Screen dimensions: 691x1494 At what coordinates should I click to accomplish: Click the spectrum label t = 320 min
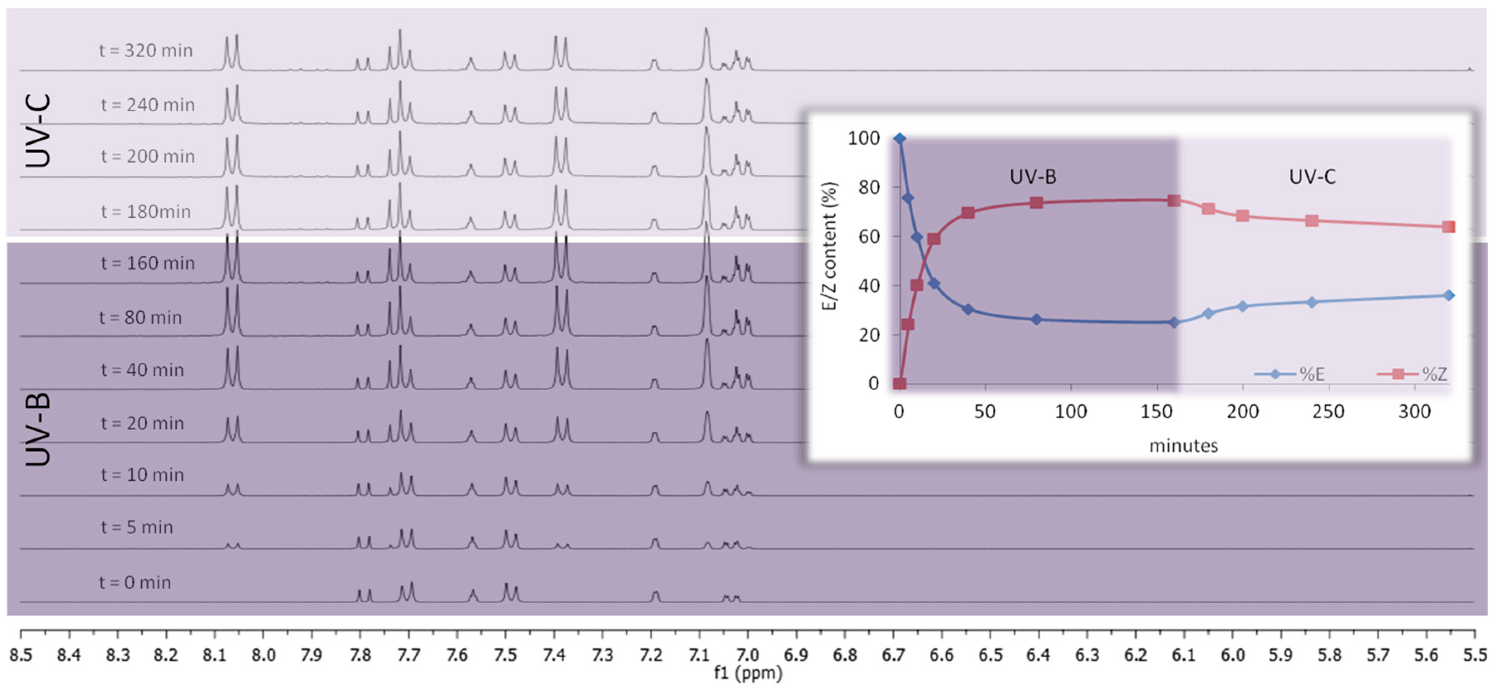tap(145, 51)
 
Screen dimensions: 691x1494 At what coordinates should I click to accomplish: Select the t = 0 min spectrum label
tap(135, 583)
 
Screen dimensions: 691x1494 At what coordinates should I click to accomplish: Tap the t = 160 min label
tap(147, 263)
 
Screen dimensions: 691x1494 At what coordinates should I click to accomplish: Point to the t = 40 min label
tap(142, 370)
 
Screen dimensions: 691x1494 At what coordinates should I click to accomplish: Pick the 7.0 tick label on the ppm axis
tap(747, 655)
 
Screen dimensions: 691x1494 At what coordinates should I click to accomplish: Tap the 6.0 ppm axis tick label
tap(1232, 655)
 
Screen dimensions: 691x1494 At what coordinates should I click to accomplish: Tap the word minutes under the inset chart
tap(1183, 445)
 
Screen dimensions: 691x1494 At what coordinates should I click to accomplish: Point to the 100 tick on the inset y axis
tap(864, 138)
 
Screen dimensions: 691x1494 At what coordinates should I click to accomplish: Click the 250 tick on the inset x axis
tap(1328, 411)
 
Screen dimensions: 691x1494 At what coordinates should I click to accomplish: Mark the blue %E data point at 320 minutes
tap(1448, 295)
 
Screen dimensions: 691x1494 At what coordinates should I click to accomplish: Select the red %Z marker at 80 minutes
tap(1037, 202)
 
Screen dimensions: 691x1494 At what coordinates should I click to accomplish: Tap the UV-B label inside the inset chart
tap(1033, 176)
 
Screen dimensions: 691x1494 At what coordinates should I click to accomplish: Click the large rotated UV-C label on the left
tap(38, 131)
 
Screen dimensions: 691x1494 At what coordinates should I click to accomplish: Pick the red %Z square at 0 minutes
tap(899, 384)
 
